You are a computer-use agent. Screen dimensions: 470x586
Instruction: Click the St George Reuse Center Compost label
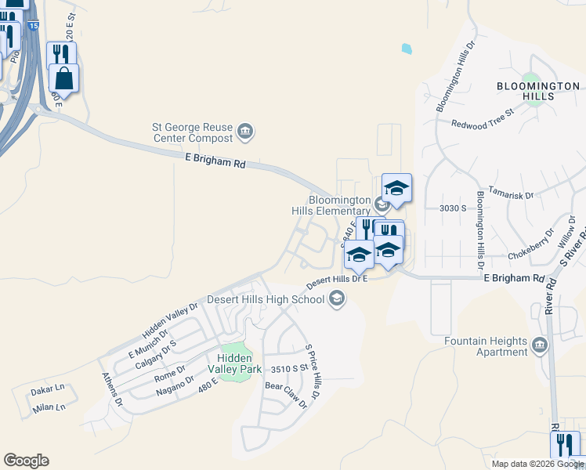193,132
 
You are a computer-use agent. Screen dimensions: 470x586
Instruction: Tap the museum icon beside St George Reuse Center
245,131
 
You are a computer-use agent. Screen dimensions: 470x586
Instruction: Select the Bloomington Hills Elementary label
339,205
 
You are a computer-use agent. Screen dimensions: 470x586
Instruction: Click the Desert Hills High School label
266,299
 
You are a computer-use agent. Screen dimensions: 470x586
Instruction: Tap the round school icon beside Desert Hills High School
337,298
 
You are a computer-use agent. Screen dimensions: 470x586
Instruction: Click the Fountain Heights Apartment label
486,346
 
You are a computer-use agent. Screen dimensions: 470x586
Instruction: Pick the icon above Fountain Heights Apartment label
540,345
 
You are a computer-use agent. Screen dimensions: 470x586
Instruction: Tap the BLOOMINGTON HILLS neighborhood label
538,91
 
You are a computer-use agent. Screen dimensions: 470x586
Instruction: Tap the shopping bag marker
63,78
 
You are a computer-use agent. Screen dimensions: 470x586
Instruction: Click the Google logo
26,461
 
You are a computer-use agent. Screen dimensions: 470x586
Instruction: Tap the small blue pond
407,49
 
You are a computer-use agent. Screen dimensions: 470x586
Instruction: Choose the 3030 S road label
453,208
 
